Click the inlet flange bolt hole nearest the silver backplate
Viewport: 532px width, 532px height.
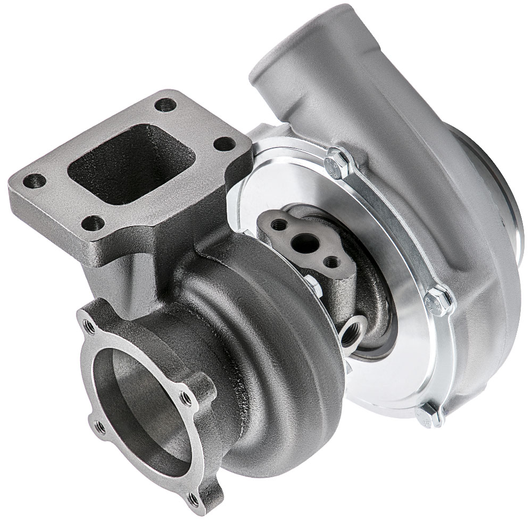point(226,143)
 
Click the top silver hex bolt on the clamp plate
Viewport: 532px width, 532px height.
point(336,158)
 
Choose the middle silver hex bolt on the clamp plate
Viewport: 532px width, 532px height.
point(439,301)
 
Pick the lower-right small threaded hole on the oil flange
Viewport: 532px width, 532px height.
point(332,262)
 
